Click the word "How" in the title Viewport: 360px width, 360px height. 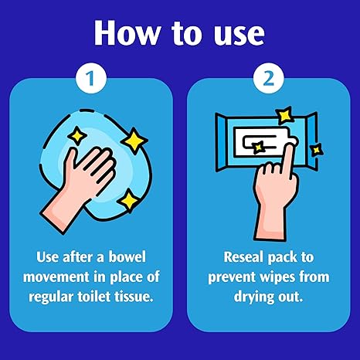coord(127,33)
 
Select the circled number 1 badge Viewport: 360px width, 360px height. coord(91,78)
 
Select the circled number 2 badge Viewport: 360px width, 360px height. coord(269,78)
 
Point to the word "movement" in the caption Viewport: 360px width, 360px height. coord(57,277)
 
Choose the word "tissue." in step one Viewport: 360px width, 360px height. coord(134,297)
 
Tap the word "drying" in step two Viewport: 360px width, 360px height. coord(253,297)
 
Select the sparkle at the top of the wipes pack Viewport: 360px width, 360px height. coord(284,115)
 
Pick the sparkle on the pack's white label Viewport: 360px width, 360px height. coord(258,148)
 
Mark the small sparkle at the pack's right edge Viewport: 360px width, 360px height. coord(317,150)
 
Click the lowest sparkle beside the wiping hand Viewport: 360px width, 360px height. coord(129,201)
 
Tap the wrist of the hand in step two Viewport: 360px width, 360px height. coord(270,222)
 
